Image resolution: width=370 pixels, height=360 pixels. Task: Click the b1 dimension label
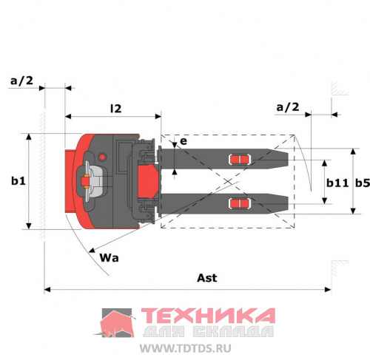pos(18,181)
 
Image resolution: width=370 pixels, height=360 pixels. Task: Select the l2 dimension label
pos(116,109)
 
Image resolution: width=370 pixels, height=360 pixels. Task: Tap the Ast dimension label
pos(207,278)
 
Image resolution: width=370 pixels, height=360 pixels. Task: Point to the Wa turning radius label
pos(109,258)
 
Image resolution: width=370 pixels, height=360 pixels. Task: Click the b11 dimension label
pos(337,183)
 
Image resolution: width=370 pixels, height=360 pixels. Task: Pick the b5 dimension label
pos(363,183)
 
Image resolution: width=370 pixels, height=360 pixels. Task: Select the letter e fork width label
pos(184,141)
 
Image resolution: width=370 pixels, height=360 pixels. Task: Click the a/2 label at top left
pos(21,81)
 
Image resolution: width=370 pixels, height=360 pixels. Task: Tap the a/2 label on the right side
pos(288,107)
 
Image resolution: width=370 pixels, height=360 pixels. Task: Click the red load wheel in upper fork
pos(240,160)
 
